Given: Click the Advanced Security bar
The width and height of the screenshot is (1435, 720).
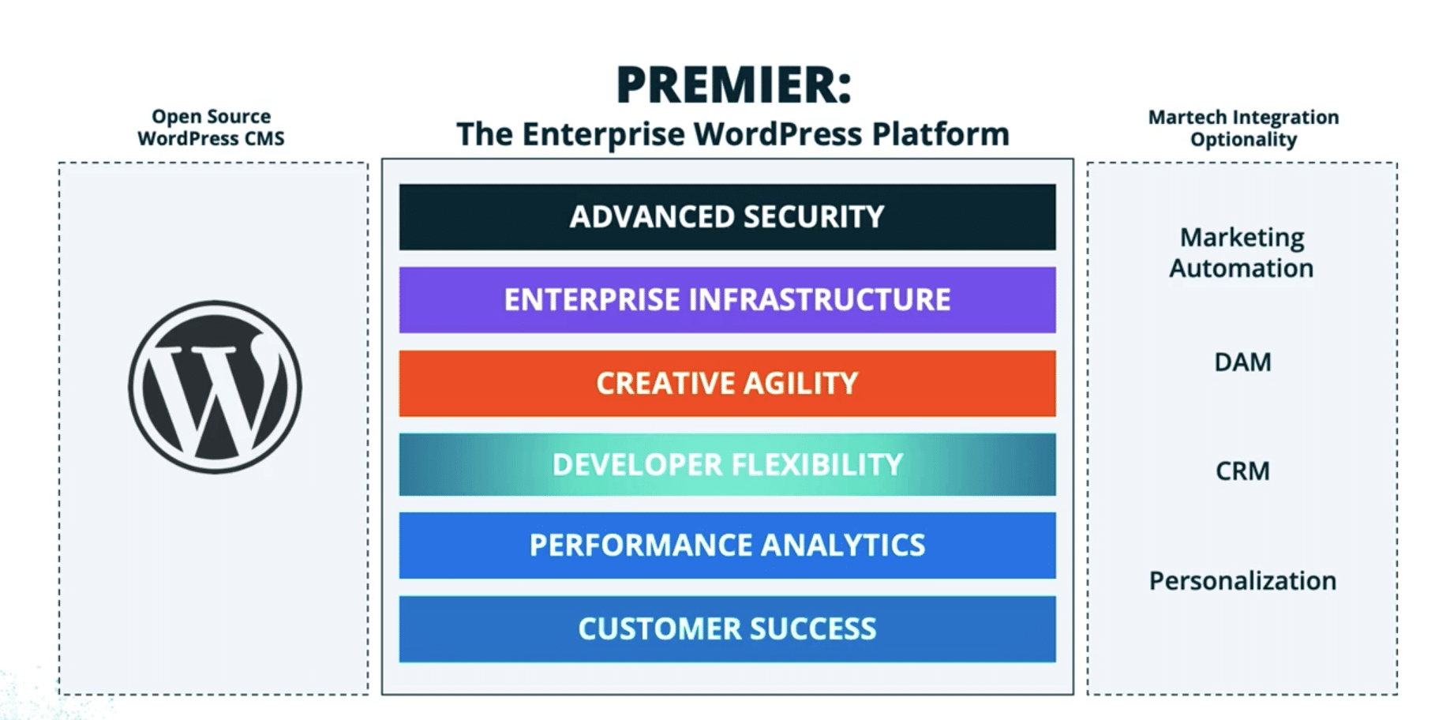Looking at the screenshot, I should tap(727, 217).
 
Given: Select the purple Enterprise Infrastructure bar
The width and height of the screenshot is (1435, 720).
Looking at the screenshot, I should tap(727, 300).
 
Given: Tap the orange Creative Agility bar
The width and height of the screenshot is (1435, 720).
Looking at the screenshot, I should tap(727, 384).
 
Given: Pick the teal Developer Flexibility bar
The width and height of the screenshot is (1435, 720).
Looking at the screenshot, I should tap(727, 464).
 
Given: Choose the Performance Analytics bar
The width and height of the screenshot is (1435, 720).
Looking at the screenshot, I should tap(727, 546).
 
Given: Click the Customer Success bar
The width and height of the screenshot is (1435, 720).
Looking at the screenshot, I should tap(727, 629).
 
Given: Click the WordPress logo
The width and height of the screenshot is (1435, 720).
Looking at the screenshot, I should tap(215, 387).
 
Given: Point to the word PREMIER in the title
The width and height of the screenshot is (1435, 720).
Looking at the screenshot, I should tap(732, 85).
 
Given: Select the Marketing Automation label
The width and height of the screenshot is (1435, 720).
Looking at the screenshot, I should tap(1242, 253).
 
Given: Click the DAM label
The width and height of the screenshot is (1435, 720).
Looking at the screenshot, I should tap(1242, 362).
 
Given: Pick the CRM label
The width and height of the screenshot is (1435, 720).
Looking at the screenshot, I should tap(1242, 471).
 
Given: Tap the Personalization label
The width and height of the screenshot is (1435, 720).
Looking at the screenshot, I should tap(1242, 581).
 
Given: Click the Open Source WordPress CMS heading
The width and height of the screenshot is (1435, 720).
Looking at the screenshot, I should tap(211, 127).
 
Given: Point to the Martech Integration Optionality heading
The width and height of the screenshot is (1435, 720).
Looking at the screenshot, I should tap(1243, 128).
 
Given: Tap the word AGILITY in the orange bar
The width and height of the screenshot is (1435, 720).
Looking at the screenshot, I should tap(800, 384).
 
